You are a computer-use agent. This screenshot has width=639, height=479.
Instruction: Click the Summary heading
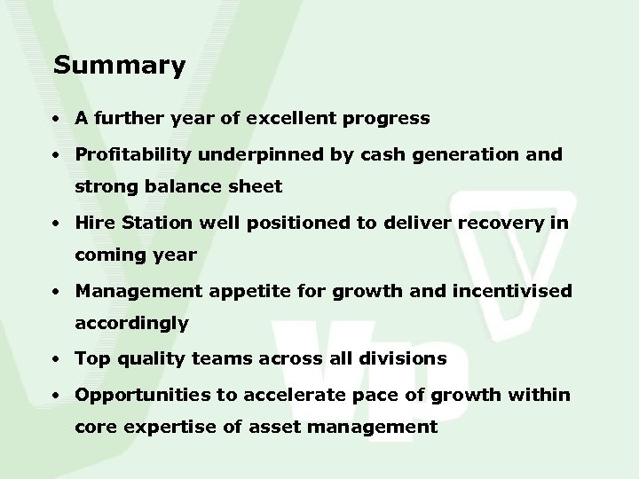tap(119, 66)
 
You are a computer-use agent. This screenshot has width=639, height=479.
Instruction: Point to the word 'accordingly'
tap(131, 324)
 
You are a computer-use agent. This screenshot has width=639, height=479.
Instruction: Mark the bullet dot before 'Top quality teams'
tap(56, 359)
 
